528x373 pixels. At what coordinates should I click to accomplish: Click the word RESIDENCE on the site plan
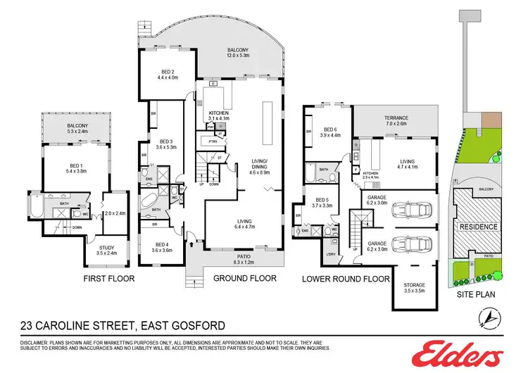[x=479, y=227]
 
